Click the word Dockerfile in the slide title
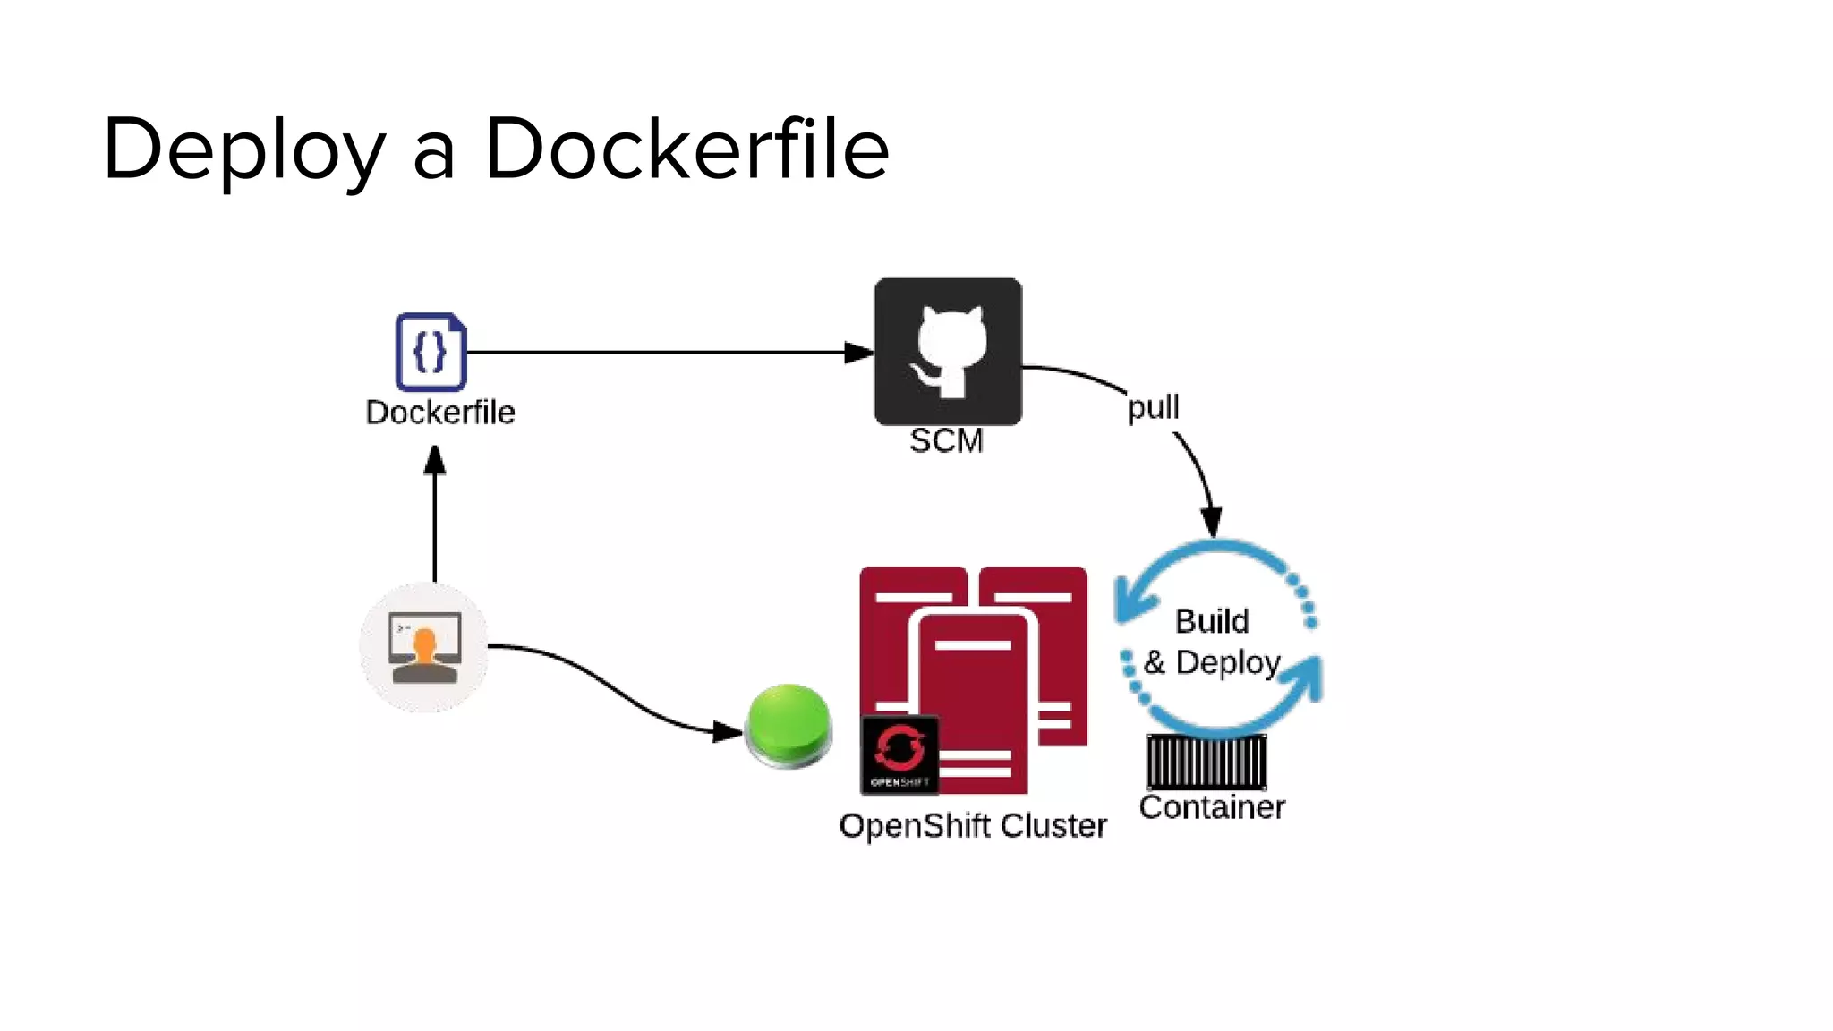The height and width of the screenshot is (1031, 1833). pyautogui.click(x=686, y=149)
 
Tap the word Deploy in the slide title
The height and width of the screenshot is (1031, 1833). pyautogui.click(x=244, y=150)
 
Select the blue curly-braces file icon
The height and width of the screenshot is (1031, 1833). pyautogui.click(x=431, y=352)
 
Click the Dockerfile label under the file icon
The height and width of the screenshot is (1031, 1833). pyautogui.click(x=440, y=413)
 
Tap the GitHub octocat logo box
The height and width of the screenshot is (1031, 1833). pyautogui.click(x=948, y=351)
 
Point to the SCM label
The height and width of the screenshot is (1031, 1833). pyautogui.click(x=946, y=441)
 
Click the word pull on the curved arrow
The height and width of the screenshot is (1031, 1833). pyautogui.click(x=1153, y=407)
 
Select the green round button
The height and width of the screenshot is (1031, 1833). pyautogui.click(x=789, y=726)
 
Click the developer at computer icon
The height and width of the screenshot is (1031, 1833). pyautogui.click(x=424, y=647)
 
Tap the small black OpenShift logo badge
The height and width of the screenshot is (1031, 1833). pyautogui.click(x=899, y=754)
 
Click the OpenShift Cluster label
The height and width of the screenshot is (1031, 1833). pyautogui.click(x=973, y=825)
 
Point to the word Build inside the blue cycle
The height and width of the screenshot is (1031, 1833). pyautogui.click(x=1212, y=621)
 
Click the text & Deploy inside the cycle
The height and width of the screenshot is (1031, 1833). pyautogui.click(x=1212, y=663)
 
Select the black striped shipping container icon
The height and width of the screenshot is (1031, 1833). pyautogui.click(x=1206, y=762)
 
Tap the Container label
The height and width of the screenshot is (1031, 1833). pyautogui.click(x=1212, y=807)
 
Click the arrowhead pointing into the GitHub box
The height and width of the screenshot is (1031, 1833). pyautogui.click(x=858, y=353)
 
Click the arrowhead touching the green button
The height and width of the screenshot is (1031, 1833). pyautogui.click(x=728, y=732)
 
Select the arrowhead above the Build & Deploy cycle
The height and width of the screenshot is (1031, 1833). pyautogui.click(x=1212, y=522)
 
